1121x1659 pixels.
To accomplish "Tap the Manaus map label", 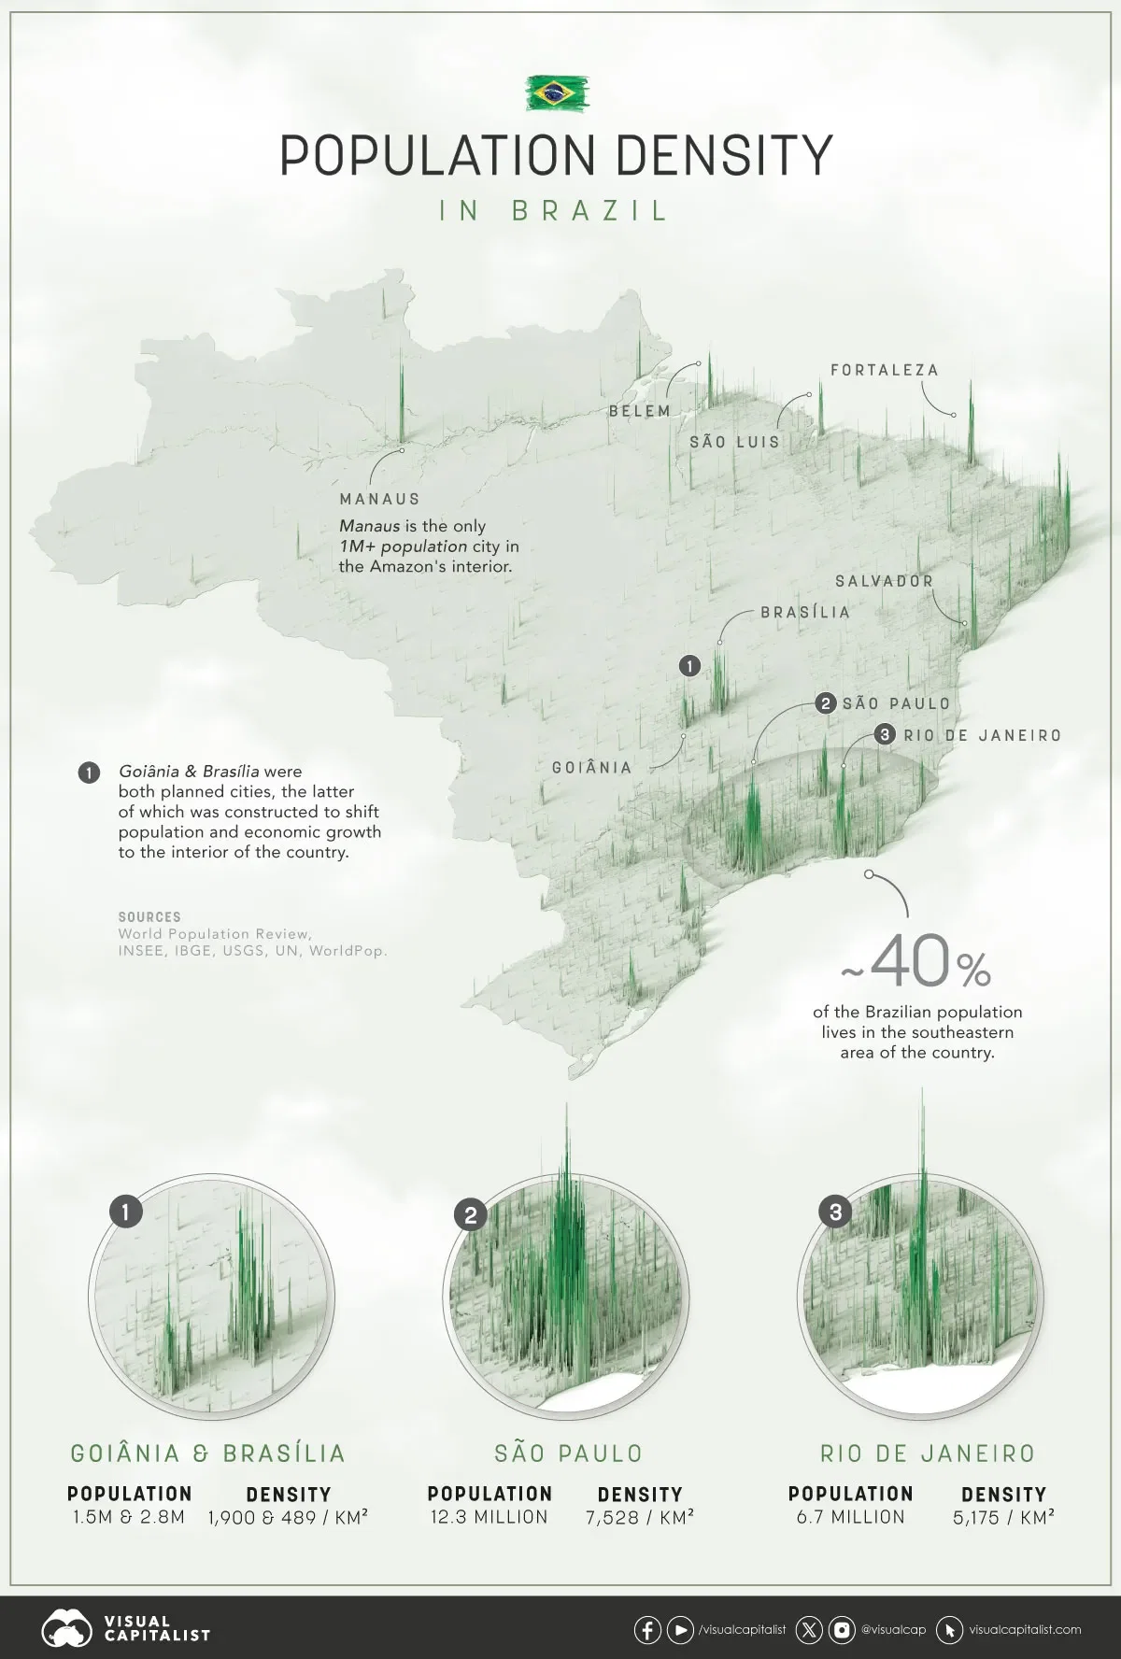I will point(379,499).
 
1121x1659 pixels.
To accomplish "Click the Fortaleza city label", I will point(884,370).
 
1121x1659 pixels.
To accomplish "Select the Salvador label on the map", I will point(884,581).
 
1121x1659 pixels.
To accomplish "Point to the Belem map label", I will point(640,411).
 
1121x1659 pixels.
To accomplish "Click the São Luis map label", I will point(734,441).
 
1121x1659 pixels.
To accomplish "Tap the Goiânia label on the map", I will point(592,767).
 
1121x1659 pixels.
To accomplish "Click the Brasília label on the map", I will point(805,613).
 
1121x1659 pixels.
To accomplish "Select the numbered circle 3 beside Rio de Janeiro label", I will point(886,735).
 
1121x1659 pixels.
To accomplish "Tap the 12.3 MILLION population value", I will point(490,1517).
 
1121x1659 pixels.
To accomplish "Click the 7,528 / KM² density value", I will point(640,1517).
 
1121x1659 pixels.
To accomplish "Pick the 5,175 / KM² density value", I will point(1003,1517).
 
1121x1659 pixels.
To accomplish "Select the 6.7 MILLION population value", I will point(850,1517).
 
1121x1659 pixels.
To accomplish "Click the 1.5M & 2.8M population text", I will point(129,1517).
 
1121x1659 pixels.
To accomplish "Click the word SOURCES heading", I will point(149,917).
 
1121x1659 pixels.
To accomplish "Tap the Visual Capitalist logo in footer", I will point(125,1628).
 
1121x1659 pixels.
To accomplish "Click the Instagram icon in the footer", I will point(843,1629).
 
